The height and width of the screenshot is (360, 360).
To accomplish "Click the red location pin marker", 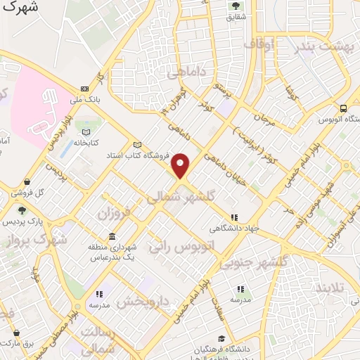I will pyautogui.click(x=181, y=165).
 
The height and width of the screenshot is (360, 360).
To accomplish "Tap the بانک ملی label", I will pyautogui.click(x=89, y=99).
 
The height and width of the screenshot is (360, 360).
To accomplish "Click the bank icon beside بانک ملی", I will pyautogui.click(x=85, y=89).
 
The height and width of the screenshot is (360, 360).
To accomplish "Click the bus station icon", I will pyautogui.click(x=342, y=108).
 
